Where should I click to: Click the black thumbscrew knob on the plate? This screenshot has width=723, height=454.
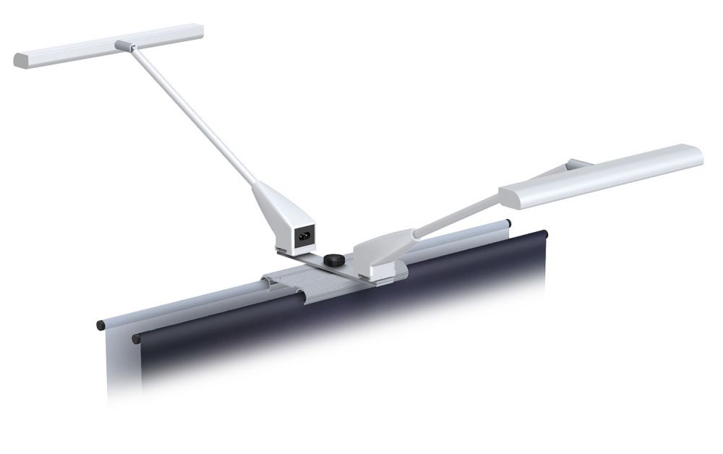333,259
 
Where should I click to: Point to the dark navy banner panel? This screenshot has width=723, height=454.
347,325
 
